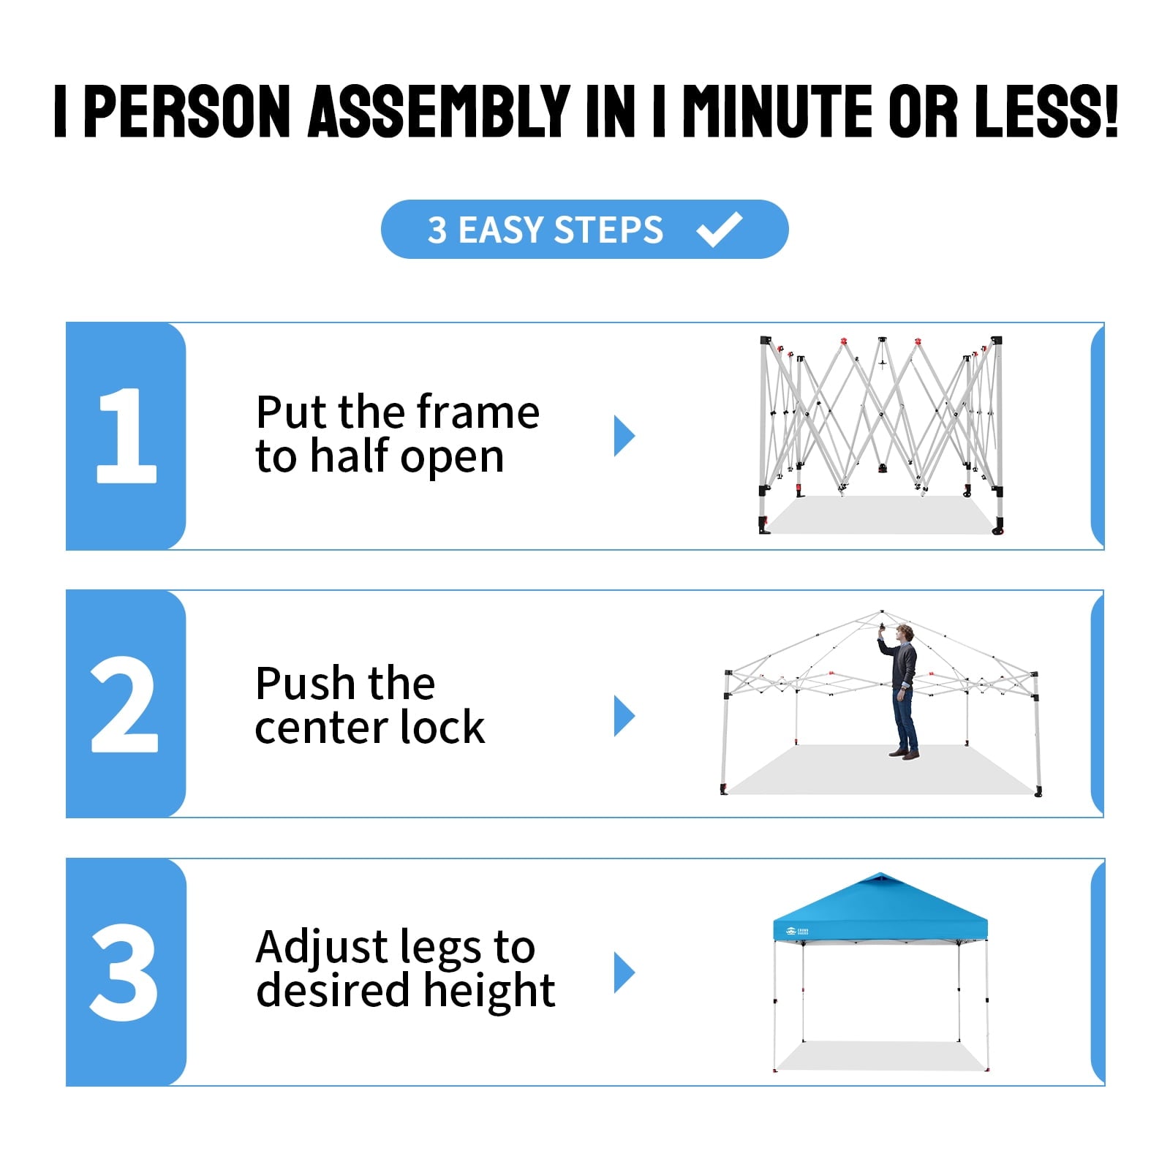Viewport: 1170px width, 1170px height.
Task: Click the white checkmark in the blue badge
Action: click(x=720, y=230)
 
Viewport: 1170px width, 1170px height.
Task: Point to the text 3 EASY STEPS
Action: click(x=546, y=230)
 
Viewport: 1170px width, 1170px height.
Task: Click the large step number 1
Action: click(x=127, y=435)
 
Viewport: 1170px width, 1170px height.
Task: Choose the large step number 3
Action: click(x=124, y=972)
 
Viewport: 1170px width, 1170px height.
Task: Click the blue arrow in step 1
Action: click(x=624, y=436)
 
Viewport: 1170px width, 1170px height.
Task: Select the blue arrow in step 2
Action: click(x=624, y=716)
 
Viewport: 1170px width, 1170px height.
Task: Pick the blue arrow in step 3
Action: click(x=624, y=973)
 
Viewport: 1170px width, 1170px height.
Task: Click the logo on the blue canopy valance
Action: click(x=796, y=932)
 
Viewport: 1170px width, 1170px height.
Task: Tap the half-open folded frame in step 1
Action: click(x=880, y=435)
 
